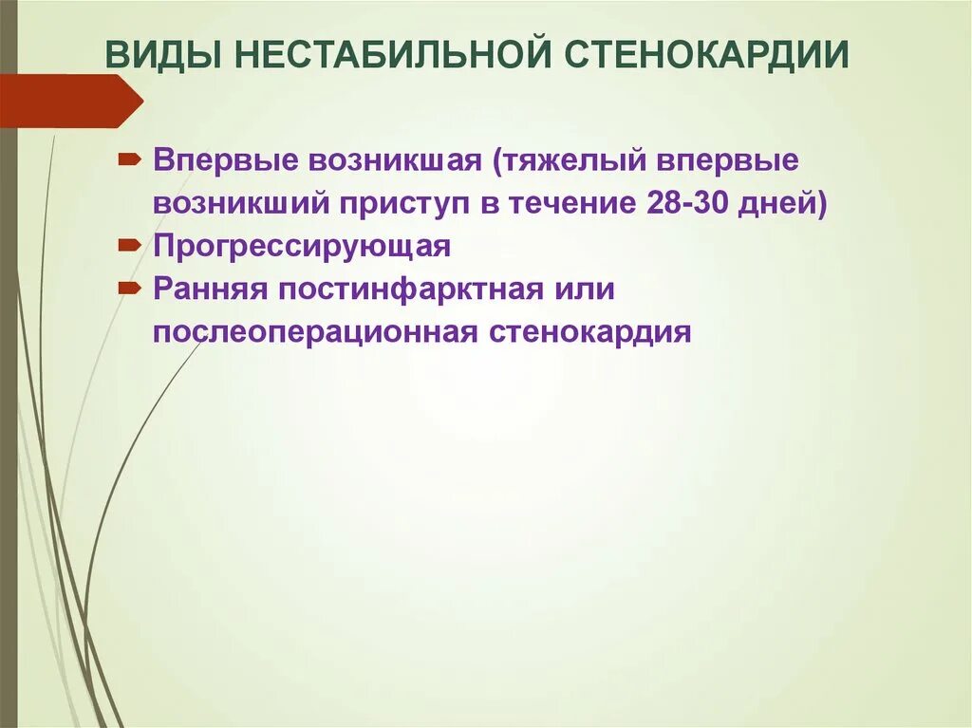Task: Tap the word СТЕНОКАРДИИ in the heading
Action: (x=709, y=56)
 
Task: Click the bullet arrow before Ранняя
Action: (x=131, y=289)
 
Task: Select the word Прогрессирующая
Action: (x=302, y=246)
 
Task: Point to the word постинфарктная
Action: (x=411, y=289)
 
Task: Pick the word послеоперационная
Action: (x=316, y=332)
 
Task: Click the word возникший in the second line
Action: (x=241, y=203)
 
